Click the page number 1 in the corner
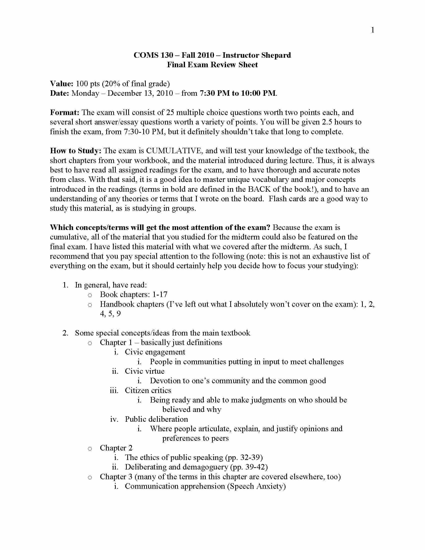373,30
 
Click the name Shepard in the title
276,55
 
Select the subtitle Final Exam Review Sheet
212,65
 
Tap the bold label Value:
62,83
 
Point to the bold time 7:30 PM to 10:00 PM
238,93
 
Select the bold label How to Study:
75,150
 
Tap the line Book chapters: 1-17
133,294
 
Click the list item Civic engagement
155,352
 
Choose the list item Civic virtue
144,371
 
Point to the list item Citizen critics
148,390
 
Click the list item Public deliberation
156,419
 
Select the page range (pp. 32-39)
244,457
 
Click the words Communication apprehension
175,486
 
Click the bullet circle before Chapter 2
90,448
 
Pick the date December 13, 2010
140,93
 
